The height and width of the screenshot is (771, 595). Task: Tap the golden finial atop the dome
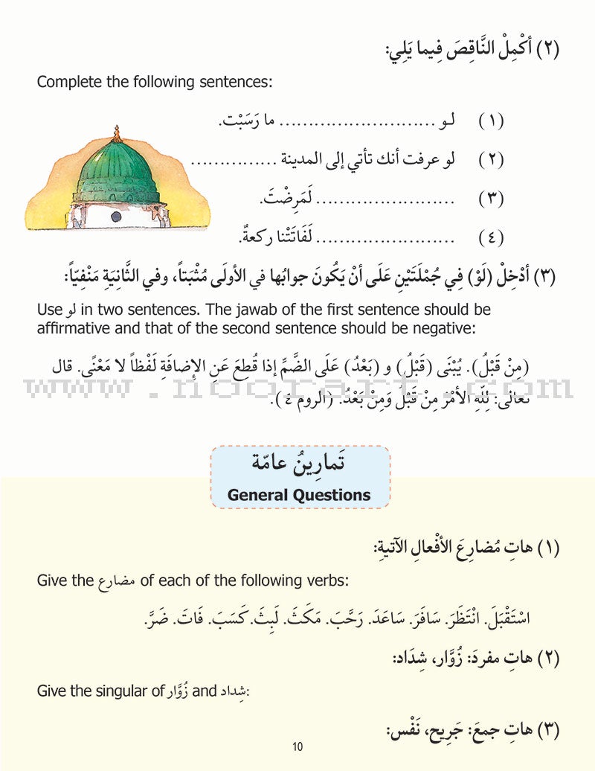coord(116,135)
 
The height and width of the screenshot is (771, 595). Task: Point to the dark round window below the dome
coord(116,216)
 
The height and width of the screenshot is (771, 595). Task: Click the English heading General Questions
coord(299,494)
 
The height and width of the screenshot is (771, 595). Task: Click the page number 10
coord(297,746)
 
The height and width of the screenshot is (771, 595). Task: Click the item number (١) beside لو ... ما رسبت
coord(491,121)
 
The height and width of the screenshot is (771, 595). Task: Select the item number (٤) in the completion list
coord(491,238)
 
